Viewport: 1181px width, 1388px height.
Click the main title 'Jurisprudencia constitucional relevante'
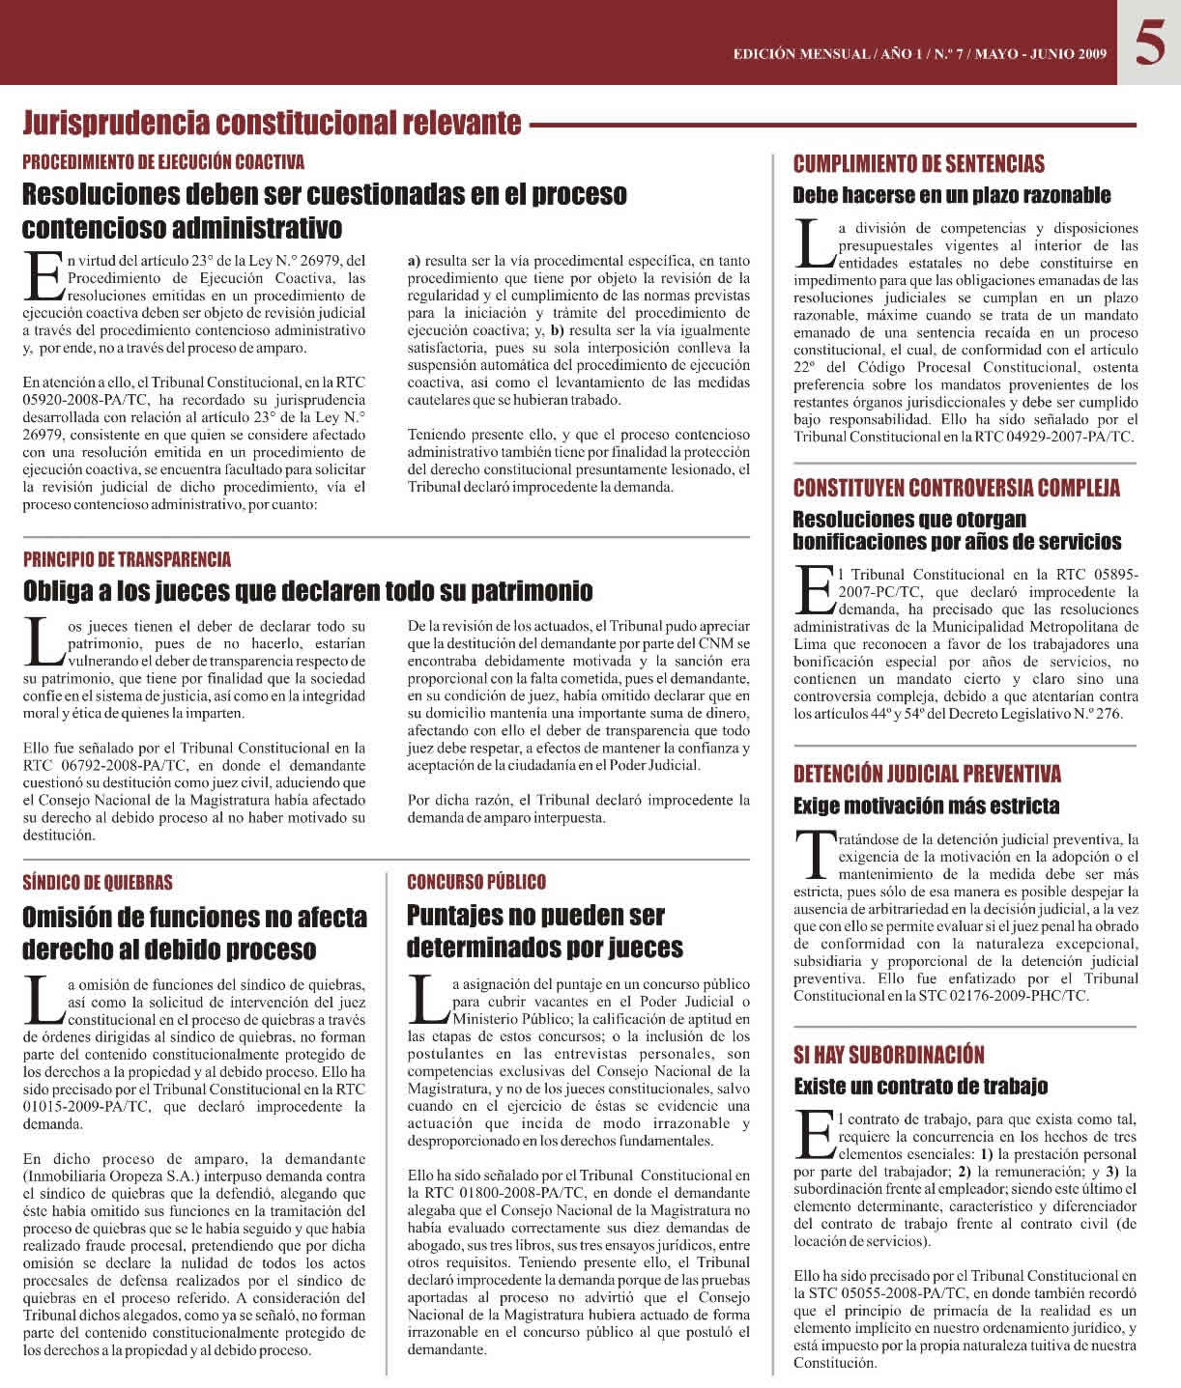point(272,124)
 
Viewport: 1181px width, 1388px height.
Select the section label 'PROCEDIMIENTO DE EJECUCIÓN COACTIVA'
point(163,162)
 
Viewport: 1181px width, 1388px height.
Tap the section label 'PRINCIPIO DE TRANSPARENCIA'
point(127,559)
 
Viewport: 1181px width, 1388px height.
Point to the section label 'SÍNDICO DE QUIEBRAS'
point(98,882)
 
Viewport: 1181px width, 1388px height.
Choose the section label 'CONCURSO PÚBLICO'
point(476,882)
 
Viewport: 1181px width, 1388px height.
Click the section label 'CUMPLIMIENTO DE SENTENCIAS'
point(918,164)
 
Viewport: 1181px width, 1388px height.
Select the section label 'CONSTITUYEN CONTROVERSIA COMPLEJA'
point(957,488)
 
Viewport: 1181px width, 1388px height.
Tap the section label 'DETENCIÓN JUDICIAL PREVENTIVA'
point(927,774)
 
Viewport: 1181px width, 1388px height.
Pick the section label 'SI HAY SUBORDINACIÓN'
point(888,1055)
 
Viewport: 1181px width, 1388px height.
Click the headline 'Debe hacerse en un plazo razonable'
point(951,195)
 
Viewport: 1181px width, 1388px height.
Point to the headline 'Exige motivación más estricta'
point(926,806)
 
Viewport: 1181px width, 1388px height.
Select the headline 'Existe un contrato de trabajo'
point(920,1087)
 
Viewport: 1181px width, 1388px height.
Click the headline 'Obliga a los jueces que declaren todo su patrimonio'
point(307,590)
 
